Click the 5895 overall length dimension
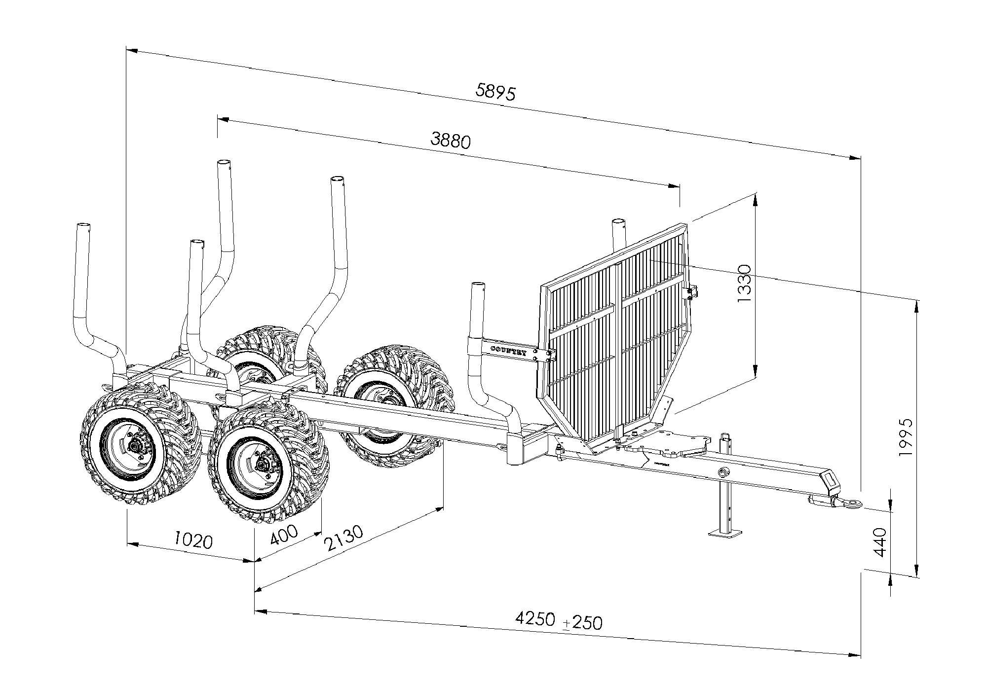point(495,92)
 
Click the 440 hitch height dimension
point(880,542)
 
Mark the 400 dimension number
point(284,534)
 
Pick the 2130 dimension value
point(343,538)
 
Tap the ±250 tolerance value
point(583,623)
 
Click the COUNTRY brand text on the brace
point(509,350)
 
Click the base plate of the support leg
point(725,533)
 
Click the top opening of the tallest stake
point(224,163)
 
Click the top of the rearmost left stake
point(83,226)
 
